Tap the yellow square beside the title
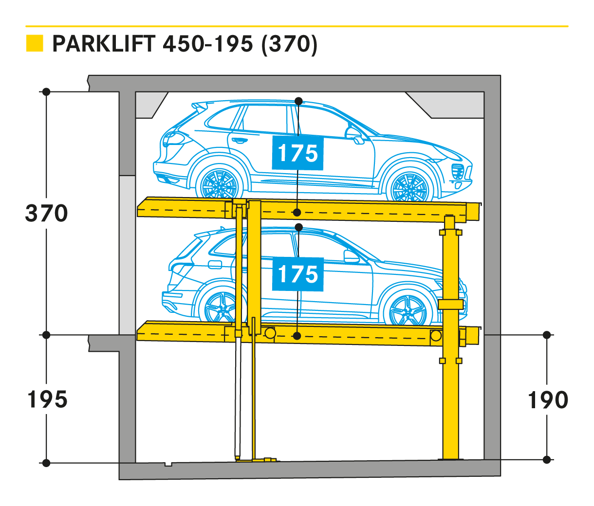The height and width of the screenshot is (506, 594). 35,43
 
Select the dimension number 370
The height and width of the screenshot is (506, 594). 47,214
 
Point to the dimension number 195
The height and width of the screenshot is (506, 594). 47,399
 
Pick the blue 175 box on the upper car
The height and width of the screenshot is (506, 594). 297,153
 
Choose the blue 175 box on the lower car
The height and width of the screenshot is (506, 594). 297,274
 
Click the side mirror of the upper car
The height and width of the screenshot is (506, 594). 354,134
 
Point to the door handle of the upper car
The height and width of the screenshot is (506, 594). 240,141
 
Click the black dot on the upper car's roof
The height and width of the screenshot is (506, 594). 298,101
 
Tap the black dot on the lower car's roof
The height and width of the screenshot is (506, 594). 298,227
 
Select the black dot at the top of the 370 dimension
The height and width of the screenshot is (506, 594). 46,92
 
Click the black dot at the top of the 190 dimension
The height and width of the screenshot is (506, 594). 547,335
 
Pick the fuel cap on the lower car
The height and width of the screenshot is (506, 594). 215,264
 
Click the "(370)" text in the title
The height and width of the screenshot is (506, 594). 290,44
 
